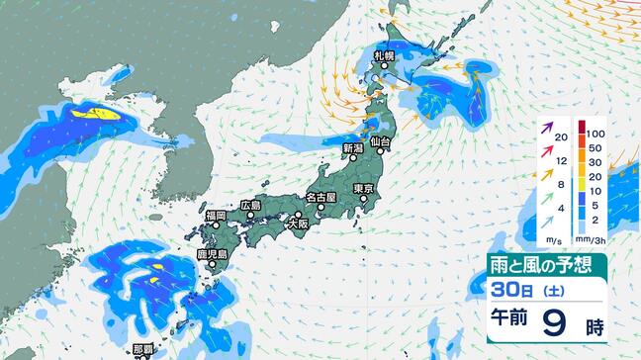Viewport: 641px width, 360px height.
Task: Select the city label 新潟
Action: pyautogui.click(x=354, y=148)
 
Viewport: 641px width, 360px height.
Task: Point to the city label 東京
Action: pyautogui.click(x=363, y=188)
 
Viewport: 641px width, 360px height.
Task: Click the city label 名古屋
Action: pyautogui.click(x=320, y=197)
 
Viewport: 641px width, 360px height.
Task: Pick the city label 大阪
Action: pyautogui.click(x=297, y=225)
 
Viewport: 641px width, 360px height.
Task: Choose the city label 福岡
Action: pyautogui.click(x=216, y=215)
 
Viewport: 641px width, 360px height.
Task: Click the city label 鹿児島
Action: pyautogui.click(x=213, y=254)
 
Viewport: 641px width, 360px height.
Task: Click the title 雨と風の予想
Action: pyautogui.click(x=545, y=266)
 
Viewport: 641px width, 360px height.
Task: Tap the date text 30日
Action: pyautogui.click(x=506, y=291)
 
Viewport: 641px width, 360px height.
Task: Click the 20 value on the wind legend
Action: pyautogui.click(x=562, y=137)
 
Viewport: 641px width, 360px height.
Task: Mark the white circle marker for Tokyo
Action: pyautogui.click(x=364, y=199)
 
